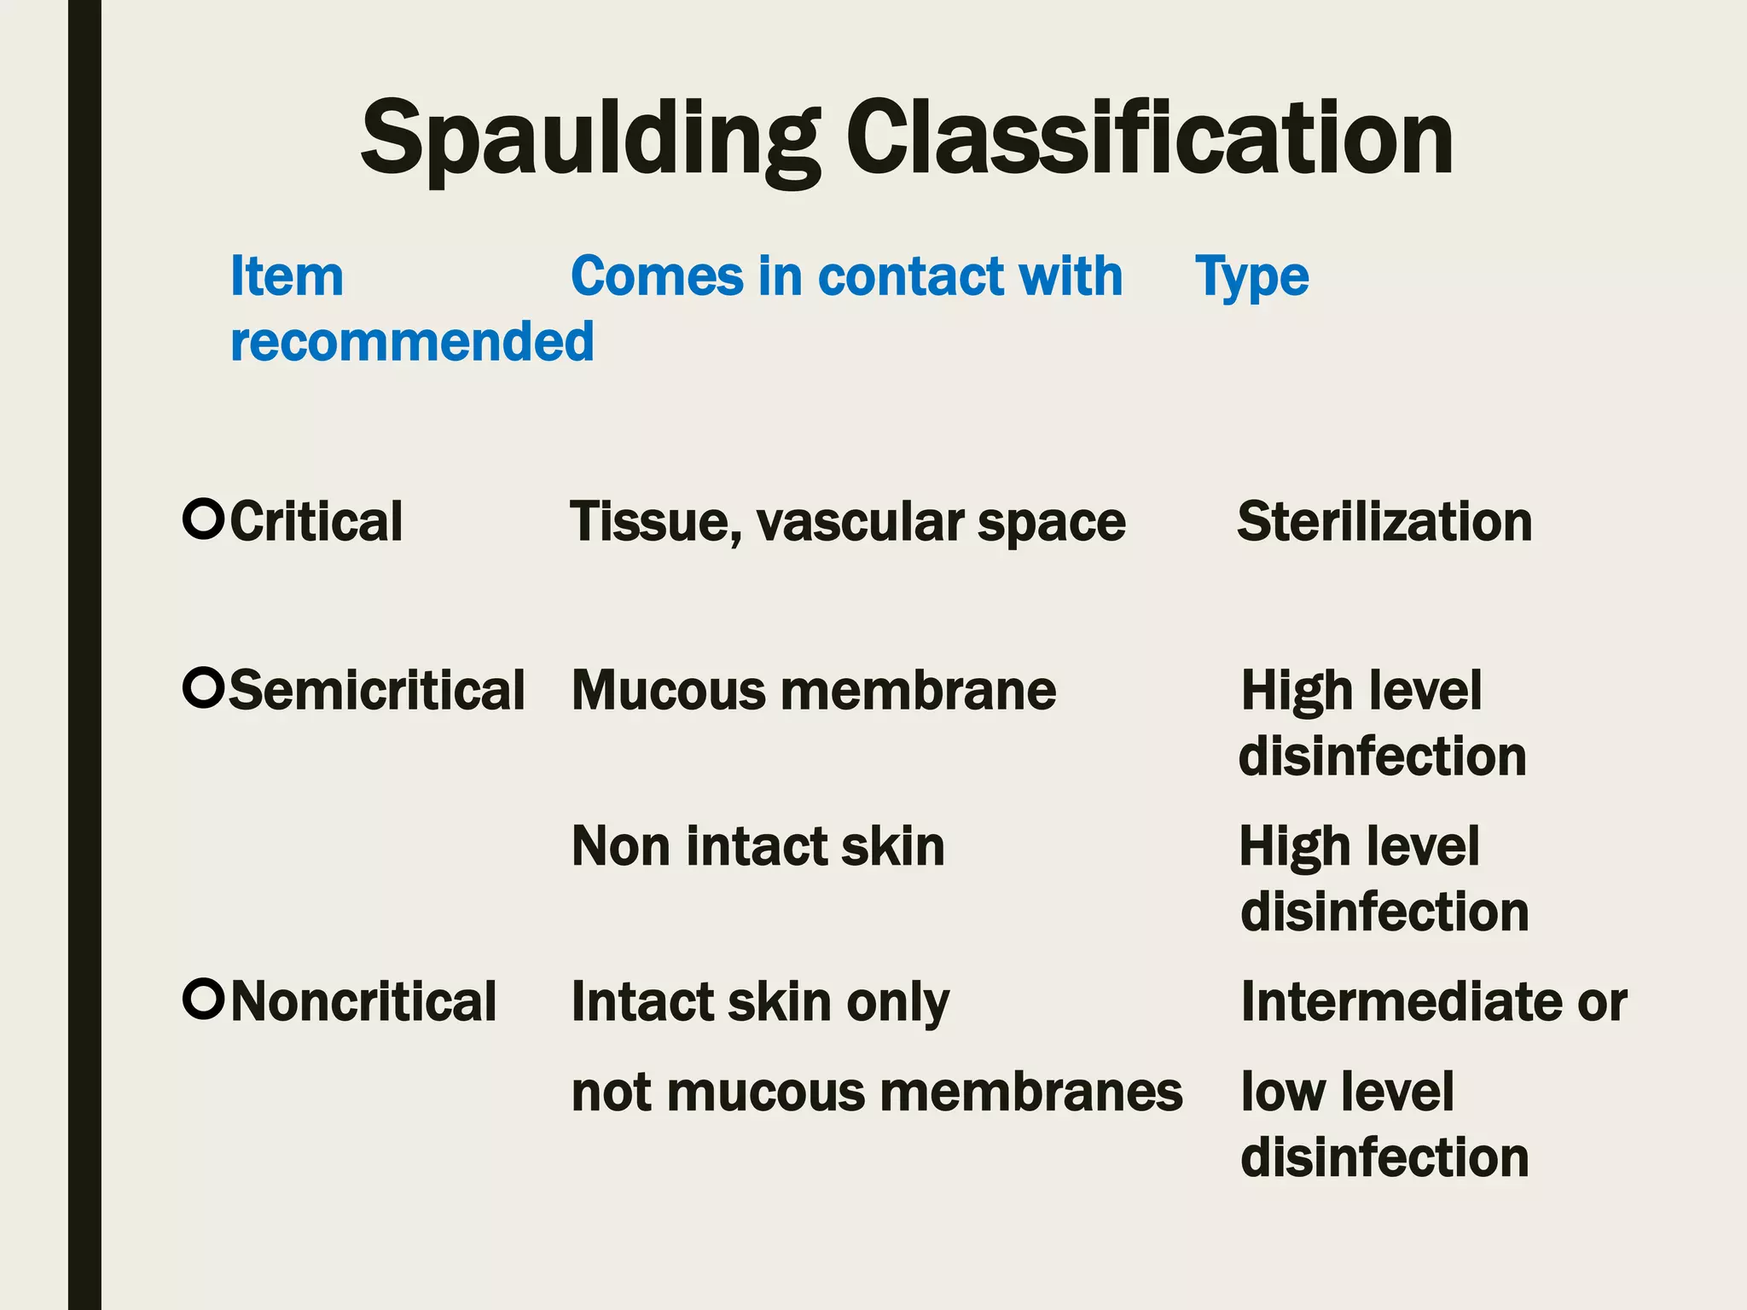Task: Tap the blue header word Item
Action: (x=287, y=277)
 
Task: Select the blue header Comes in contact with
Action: (x=846, y=277)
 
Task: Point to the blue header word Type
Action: (x=1251, y=277)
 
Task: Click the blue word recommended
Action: (x=412, y=342)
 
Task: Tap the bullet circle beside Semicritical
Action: (x=203, y=687)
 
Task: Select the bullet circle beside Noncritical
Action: (x=203, y=999)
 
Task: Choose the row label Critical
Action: (x=316, y=522)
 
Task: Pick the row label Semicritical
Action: (x=377, y=690)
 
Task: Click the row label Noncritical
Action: (x=363, y=1001)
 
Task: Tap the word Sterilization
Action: (x=1384, y=522)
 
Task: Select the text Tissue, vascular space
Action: (x=848, y=522)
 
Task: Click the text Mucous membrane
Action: (x=814, y=690)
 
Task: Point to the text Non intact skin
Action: (x=758, y=846)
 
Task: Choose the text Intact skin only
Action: (x=760, y=1001)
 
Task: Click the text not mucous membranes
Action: (x=877, y=1092)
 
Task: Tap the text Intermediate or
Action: (x=1434, y=1001)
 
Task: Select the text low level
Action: (x=1347, y=1092)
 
